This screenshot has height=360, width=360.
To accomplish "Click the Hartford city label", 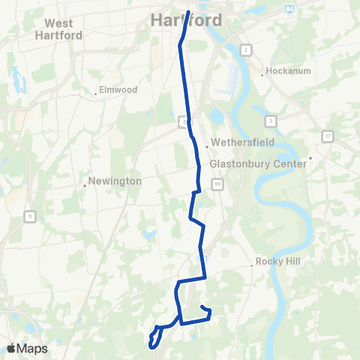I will [x=187, y=20].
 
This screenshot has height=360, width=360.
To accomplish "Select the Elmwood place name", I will [x=118, y=90].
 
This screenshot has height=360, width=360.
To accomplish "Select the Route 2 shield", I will [x=245, y=49].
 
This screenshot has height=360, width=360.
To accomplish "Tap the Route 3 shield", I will [x=270, y=120].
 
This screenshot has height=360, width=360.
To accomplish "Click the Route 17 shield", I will [x=328, y=136].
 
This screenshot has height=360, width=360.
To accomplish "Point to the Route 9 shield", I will [x=29, y=217].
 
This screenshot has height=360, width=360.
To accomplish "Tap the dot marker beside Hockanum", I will [x=262, y=74].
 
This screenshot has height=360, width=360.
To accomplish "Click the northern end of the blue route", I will [x=187, y=10].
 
